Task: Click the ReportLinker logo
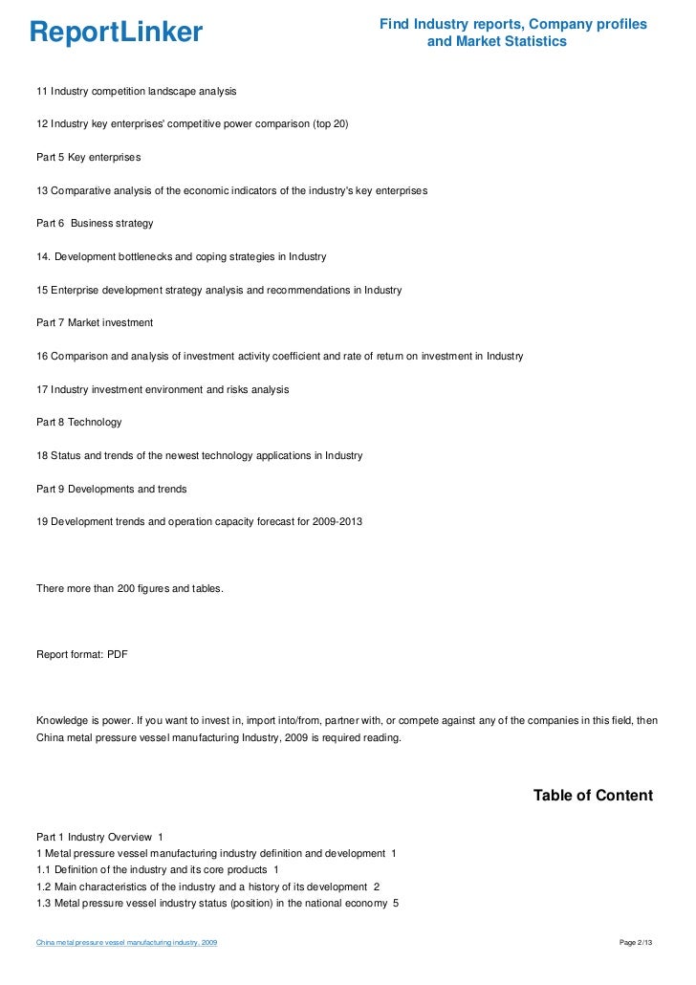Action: coord(117,33)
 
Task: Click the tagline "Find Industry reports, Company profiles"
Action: coord(512,24)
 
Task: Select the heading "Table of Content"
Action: coord(593,796)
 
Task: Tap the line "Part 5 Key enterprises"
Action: coord(89,157)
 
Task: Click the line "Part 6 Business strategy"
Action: coord(95,224)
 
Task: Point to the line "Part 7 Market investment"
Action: coord(95,323)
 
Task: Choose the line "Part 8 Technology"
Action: coord(79,423)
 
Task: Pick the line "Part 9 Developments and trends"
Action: coord(112,490)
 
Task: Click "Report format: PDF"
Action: coord(82,655)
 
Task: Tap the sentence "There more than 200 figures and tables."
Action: coord(130,589)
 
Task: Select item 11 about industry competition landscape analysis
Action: coord(137,91)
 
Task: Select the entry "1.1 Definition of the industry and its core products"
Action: coord(158,869)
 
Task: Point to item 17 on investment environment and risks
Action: coord(163,390)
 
